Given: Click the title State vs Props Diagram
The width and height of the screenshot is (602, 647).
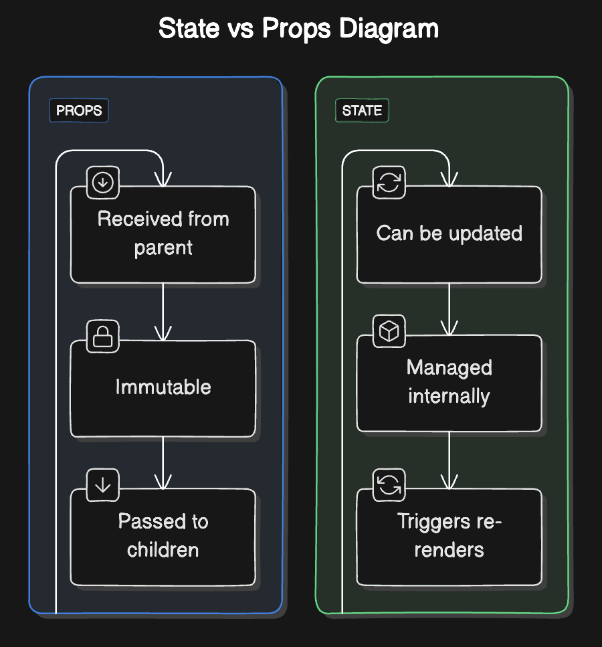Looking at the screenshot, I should (x=298, y=29).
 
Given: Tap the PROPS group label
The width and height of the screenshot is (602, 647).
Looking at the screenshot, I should (x=79, y=110).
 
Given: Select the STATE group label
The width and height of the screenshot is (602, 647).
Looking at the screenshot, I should (x=362, y=110).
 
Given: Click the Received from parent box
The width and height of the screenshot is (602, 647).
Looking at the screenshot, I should (x=163, y=234).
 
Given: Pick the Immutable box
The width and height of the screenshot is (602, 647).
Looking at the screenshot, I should (x=163, y=388).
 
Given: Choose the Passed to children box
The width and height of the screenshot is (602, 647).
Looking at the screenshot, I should (x=163, y=537).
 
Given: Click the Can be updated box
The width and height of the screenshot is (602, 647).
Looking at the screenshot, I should (x=449, y=234).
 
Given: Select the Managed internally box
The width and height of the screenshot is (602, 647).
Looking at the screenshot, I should (x=449, y=383).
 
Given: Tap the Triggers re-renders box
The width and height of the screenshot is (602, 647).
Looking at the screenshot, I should (x=449, y=537).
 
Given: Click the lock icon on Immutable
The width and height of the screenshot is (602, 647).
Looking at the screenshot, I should (x=103, y=337).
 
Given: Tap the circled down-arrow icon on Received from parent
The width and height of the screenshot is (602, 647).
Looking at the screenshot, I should (x=103, y=183).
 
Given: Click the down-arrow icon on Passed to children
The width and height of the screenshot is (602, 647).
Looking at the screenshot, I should (x=103, y=485).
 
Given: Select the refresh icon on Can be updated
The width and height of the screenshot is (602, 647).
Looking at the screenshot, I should (x=389, y=183).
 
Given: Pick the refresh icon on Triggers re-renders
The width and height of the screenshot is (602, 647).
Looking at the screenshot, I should (x=389, y=485).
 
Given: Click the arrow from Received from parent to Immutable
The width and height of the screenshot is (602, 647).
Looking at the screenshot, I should (x=163, y=311).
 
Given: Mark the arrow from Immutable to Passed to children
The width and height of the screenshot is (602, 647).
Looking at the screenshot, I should (x=163, y=463).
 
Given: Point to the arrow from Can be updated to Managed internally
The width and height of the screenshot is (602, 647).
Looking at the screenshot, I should (x=449, y=308).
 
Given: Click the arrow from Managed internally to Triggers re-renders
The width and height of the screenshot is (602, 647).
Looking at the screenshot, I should (x=449, y=460).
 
